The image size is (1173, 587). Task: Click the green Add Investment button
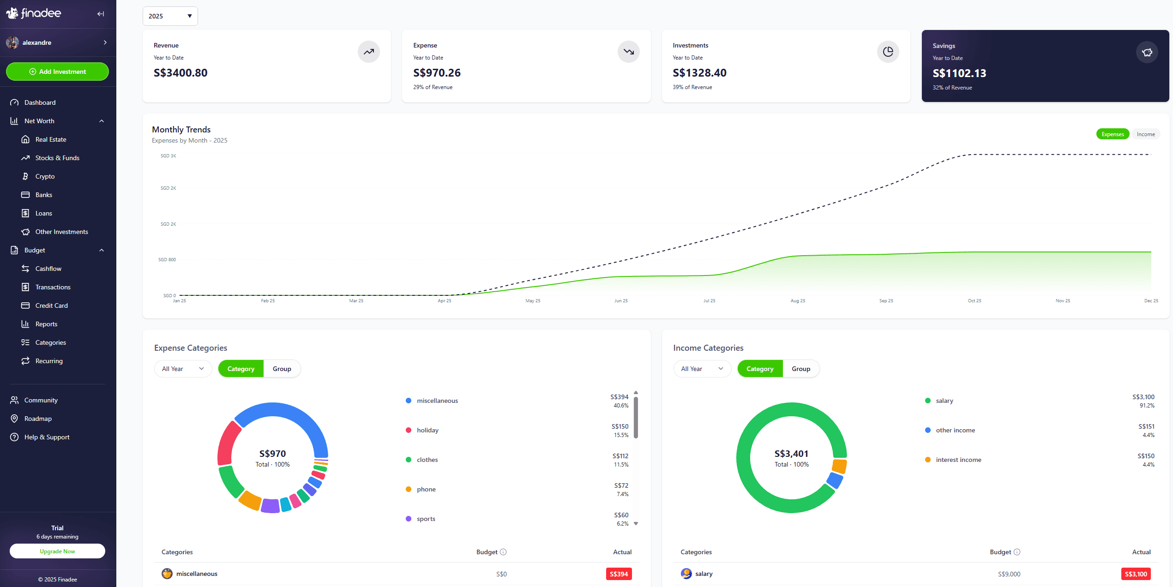(x=57, y=72)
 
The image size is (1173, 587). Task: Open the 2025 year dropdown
(x=170, y=16)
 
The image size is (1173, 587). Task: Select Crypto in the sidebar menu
(x=45, y=176)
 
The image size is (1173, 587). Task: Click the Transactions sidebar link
(x=53, y=287)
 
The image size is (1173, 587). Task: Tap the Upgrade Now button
(x=57, y=551)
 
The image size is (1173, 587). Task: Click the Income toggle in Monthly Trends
(x=1145, y=134)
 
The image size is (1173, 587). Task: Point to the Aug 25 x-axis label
(x=797, y=301)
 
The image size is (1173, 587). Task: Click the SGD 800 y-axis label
(x=167, y=260)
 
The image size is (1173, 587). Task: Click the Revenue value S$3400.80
(x=180, y=73)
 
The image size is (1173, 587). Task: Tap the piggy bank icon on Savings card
(x=1147, y=52)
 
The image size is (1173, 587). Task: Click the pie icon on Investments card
(x=888, y=52)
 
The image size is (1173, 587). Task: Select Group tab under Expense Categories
(x=282, y=369)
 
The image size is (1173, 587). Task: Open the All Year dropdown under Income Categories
(x=702, y=369)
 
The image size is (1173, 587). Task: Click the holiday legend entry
(x=427, y=430)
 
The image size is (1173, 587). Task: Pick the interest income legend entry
(x=958, y=460)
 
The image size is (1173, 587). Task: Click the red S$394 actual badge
(x=619, y=574)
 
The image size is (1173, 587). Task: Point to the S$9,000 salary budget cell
(x=1009, y=574)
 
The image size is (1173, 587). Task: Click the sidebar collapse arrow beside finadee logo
(x=101, y=14)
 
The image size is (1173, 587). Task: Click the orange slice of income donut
(x=839, y=466)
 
